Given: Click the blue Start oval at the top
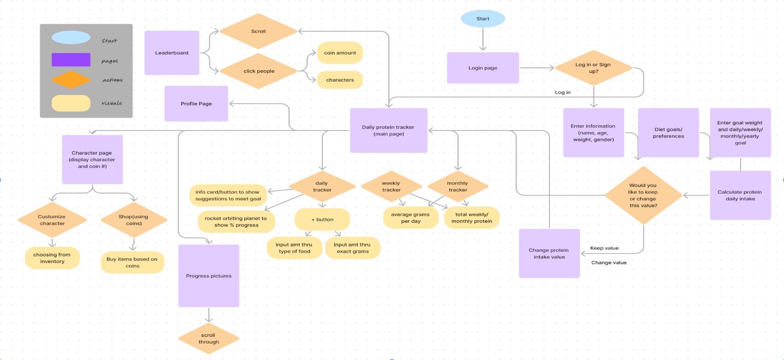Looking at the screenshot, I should click(x=483, y=19).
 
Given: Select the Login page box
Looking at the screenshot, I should click(x=483, y=68).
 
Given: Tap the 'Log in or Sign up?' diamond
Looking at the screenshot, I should click(x=593, y=68).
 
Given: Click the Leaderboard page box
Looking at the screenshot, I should click(x=171, y=53).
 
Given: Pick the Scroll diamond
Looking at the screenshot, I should click(x=258, y=31).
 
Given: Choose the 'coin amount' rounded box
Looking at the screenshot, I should click(x=340, y=53).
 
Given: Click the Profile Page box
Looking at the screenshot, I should click(x=196, y=104).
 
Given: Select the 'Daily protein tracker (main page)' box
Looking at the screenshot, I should click(x=388, y=130).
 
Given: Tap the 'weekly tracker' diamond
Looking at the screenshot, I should click(x=391, y=186).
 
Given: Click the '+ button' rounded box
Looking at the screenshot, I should click(x=322, y=219).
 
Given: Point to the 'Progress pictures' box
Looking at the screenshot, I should click(x=208, y=276).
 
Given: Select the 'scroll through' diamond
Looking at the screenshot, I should click(x=208, y=338).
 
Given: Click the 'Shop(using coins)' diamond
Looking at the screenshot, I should click(x=133, y=220).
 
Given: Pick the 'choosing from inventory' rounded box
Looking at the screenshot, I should click(x=52, y=258).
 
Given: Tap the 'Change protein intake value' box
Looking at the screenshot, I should click(x=549, y=253).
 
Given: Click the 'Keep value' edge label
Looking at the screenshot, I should click(x=604, y=248).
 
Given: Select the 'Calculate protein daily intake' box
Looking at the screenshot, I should click(x=740, y=195).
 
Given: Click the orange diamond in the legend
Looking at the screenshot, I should click(x=71, y=80).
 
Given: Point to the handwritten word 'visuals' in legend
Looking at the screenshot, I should click(x=111, y=103).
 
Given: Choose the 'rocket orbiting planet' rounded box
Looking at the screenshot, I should click(x=236, y=221).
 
